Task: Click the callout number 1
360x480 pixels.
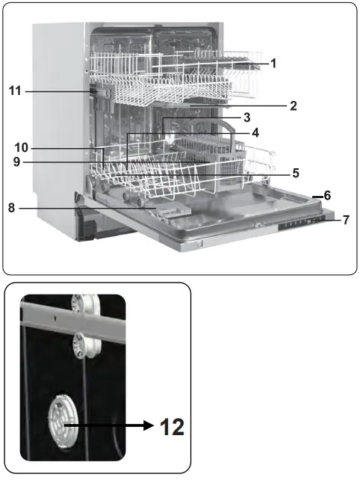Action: point(273,64)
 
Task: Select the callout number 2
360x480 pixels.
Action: point(294,106)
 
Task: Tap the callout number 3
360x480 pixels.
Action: point(246,118)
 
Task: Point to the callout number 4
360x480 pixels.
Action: point(255,133)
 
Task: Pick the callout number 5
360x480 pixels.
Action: point(296,173)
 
